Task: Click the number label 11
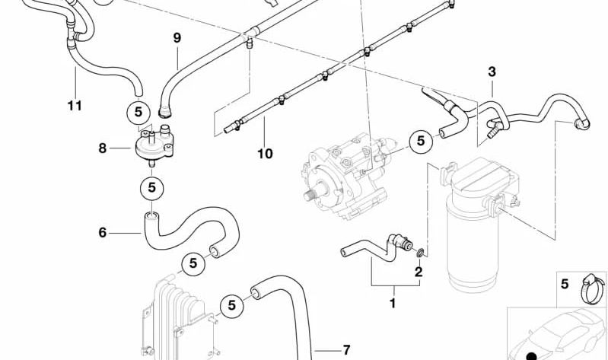click(x=74, y=106)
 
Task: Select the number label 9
click(x=177, y=37)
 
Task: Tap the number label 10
click(x=264, y=154)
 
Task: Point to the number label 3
click(x=492, y=72)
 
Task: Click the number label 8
click(x=103, y=148)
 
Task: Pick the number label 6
click(x=103, y=232)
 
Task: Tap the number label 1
click(x=393, y=303)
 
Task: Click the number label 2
click(x=418, y=271)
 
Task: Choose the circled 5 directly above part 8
click(x=138, y=113)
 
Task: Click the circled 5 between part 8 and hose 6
click(x=151, y=186)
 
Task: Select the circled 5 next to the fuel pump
click(x=419, y=140)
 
